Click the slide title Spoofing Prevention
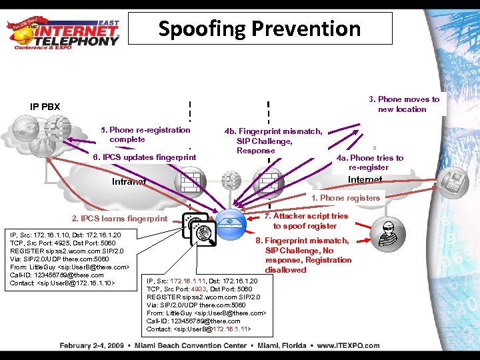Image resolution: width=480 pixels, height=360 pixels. (x=259, y=29)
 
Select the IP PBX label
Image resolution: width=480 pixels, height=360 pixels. (x=45, y=106)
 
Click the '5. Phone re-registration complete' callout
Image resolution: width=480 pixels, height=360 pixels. (x=145, y=135)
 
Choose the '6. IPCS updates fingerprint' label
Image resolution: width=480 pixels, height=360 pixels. (x=144, y=157)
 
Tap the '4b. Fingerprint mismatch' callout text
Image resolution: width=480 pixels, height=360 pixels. (x=273, y=141)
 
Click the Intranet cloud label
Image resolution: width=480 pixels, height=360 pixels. (x=129, y=182)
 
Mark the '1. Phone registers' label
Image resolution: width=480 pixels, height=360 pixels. (x=345, y=197)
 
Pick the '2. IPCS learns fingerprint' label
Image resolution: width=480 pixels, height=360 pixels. (x=119, y=219)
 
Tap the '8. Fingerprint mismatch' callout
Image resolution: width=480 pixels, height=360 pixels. (x=305, y=255)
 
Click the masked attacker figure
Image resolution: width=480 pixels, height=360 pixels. (x=391, y=234)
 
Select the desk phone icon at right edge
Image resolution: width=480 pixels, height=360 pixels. (x=456, y=179)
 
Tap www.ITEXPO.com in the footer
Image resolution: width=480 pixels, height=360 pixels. (x=348, y=345)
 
